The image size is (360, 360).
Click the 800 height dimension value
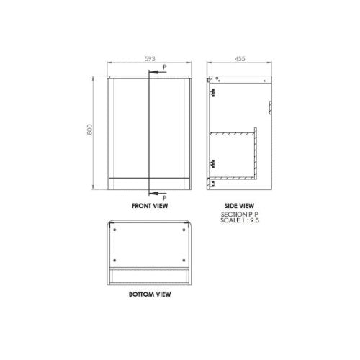click(x=89, y=132)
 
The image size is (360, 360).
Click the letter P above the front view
click(x=164, y=66)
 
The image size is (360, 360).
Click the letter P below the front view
click(x=164, y=197)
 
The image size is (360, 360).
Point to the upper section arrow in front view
click(x=154, y=71)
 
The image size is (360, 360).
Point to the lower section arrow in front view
click(x=154, y=192)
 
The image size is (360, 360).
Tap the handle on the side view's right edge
click(x=269, y=107)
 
